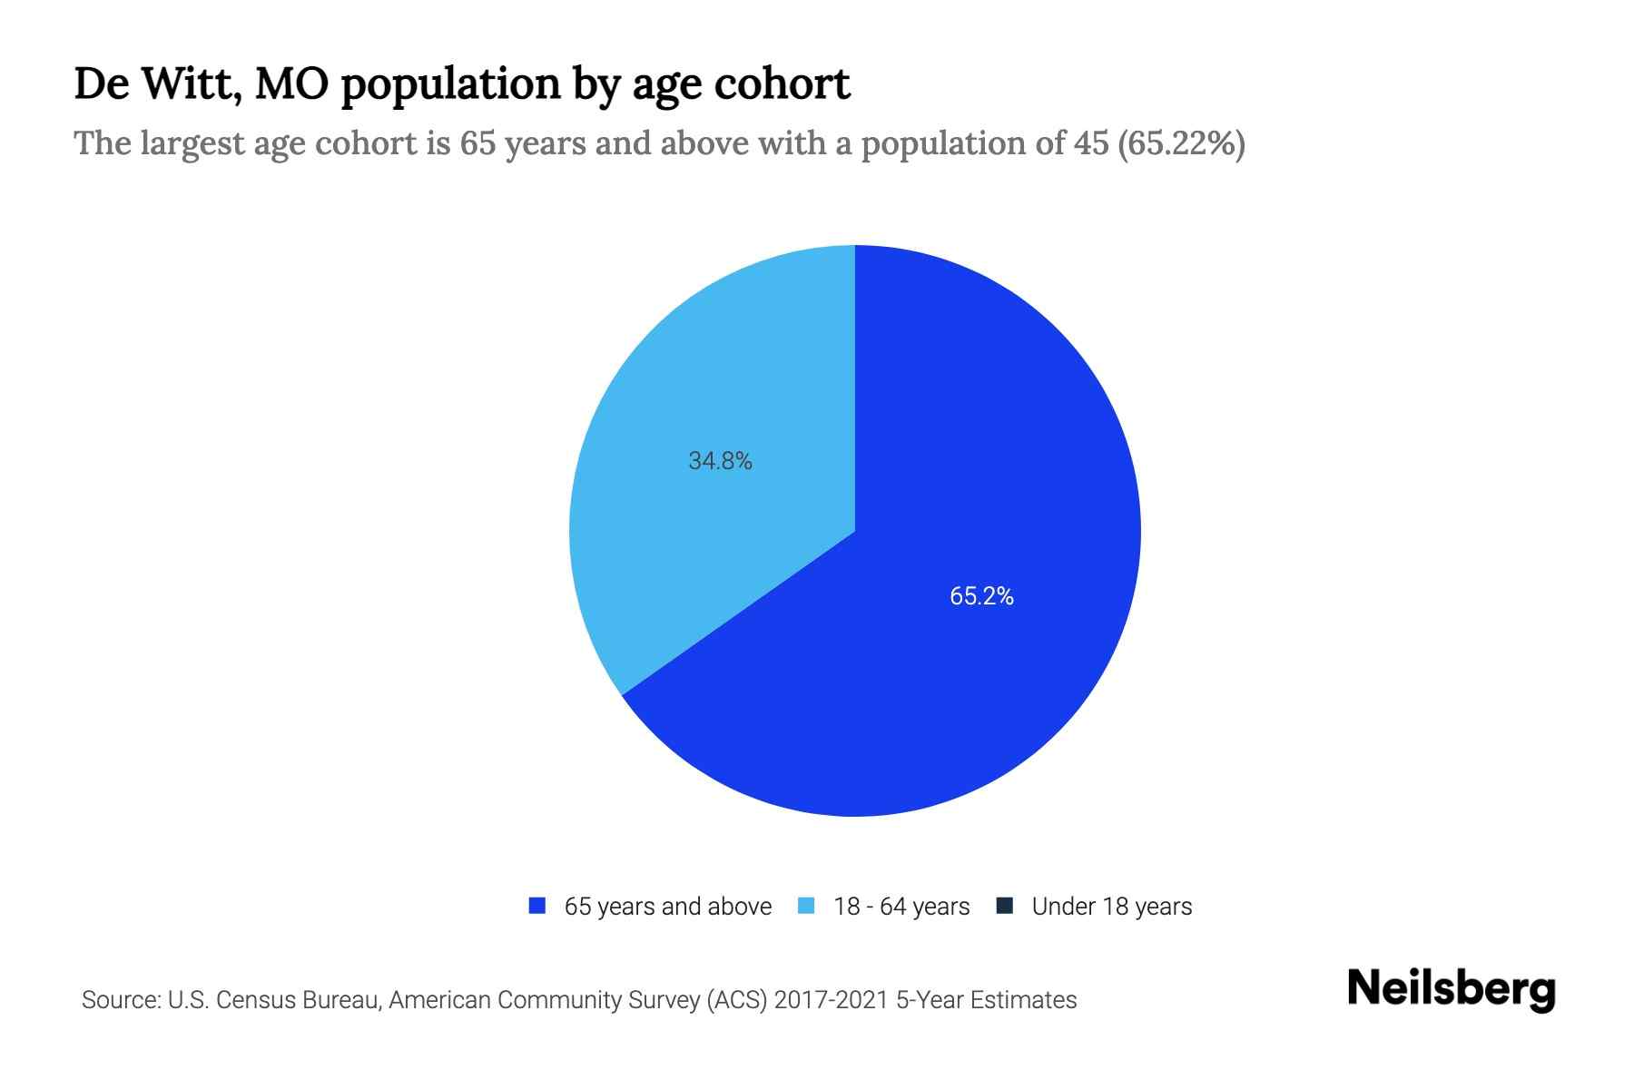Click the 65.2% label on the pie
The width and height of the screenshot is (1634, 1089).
pos(981,596)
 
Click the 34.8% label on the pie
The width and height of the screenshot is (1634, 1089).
pos(720,461)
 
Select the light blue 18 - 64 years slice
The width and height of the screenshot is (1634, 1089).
pos(690,381)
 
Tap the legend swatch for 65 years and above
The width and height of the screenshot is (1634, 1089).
pos(537,906)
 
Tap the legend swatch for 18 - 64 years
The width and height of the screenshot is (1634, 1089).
pos(806,906)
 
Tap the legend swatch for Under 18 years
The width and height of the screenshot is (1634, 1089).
pos(1004,906)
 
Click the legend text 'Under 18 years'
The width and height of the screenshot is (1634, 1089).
pos(1111,907)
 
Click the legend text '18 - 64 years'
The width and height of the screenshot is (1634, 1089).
pos(901,907)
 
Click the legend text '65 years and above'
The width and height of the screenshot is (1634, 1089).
pos(667,907)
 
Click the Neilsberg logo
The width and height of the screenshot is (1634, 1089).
pos(1451,989)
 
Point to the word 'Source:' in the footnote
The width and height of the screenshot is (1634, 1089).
pos(121,1000)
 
